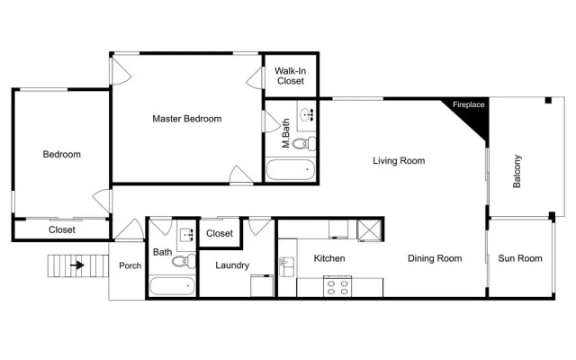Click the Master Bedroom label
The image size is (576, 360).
click(x=187, y=119)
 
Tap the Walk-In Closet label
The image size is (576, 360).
click(x=290, y=76)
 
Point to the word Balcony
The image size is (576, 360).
click(x=517, y=171)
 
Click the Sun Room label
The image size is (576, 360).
click(x=520, y=258)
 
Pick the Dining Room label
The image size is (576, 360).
click(x=435, y=258)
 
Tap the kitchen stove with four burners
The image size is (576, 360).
click(x=337, y=286)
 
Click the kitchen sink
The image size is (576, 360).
click(x=286, y=266)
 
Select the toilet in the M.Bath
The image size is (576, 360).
click(x=304, y=143)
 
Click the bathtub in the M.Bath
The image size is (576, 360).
click(x=290, y=169)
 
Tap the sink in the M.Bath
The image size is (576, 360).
click(x=306, y=115)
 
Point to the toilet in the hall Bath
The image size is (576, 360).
click(x=184, y=261)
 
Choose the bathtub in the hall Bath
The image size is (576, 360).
click(x=172, y=286)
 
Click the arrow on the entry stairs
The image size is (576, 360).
click(x=77, y=265)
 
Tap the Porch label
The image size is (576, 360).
click(x=130, y=265)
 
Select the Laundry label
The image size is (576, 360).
click(x=232, y=265)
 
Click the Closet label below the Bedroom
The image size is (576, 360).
click(x=62, y=229)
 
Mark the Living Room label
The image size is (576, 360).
click(x=399, y=160)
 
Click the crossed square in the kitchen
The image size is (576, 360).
click(x=365, y=229)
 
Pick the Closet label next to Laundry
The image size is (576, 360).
click(x=220, y=233)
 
